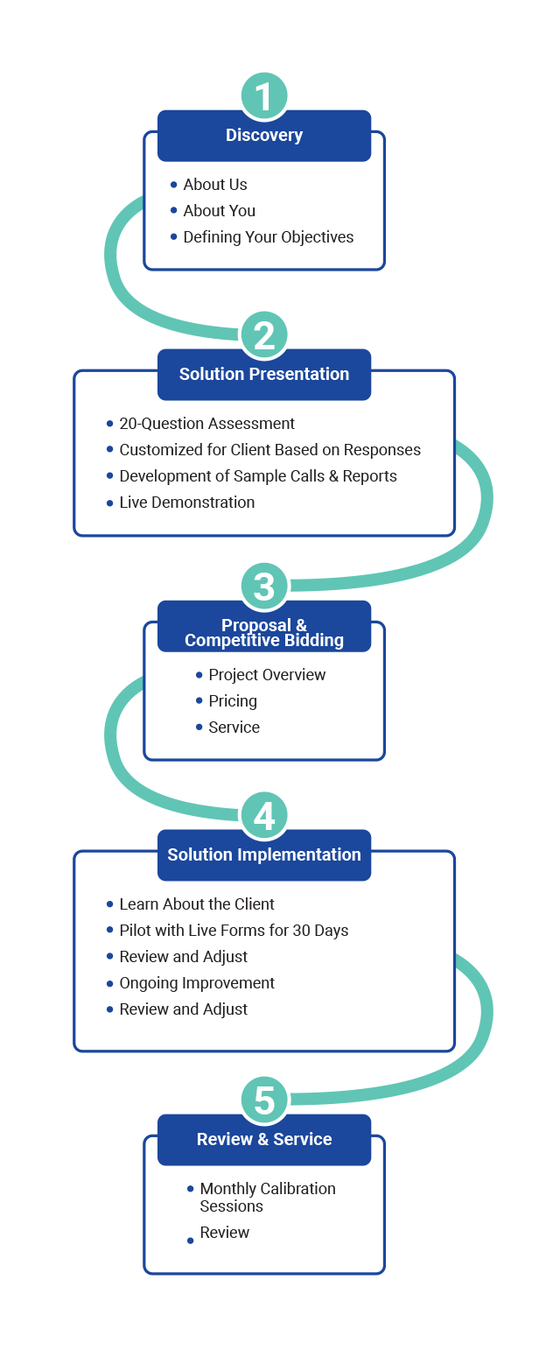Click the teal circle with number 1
coord(264,95)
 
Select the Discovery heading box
coord(264,136)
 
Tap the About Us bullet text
coord(215,185)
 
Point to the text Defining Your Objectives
coord(268,237)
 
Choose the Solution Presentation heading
coord(264,375)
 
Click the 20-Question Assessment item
coord(206,424)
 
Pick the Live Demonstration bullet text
coord(186,503)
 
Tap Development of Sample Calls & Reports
coord(257,476)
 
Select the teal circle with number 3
coord(264,585)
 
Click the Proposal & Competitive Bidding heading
coord(264,633)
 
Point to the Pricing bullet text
coord(233,701)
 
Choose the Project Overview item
coord(267,675)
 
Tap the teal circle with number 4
coord(264,814)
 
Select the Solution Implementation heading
coord(264,855)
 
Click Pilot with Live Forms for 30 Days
coord(234,931)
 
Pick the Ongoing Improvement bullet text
coord(197,983)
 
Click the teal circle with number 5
coord(264,1100)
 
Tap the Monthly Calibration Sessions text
coord(267,1197)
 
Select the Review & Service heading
coord(264,1140)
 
